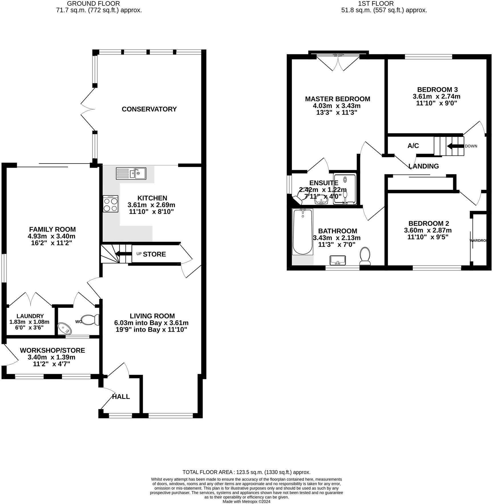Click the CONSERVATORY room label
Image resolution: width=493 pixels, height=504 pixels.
coord(149,109)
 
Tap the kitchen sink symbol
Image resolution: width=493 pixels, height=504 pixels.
coord(131,173)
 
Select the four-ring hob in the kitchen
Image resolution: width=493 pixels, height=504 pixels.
coord(111,204)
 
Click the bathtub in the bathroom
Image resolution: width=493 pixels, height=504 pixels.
coord(303,231)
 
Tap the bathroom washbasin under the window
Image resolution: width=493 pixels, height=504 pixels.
coord(338,260)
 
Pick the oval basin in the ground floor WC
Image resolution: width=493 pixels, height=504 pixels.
coord(65,328)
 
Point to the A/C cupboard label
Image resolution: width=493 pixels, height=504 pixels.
coord(413,146)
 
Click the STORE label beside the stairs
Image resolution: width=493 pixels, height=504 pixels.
coord(154,254)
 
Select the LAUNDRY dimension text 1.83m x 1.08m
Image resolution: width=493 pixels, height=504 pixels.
coord(29,322)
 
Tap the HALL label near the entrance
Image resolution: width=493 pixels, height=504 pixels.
coord(121,396)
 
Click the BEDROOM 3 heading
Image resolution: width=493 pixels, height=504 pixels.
coord(437,89)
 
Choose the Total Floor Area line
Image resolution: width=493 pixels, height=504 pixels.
coord(246,472)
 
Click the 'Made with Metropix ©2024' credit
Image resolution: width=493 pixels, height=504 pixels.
coord(246,501)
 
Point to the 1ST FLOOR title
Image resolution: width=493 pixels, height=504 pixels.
coord(376,3)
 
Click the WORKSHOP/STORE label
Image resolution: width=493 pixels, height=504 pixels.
coord(52,350)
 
